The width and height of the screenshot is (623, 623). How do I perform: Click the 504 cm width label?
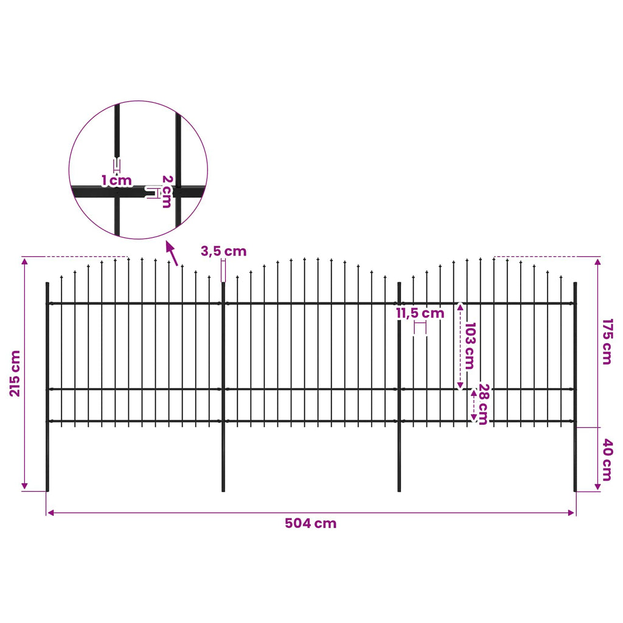[x=311, y=523]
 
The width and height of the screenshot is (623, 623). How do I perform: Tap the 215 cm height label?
[x=15, y=374]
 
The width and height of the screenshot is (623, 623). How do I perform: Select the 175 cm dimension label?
[x=607, y=342]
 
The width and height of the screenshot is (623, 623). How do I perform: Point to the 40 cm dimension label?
[x=607, y=460]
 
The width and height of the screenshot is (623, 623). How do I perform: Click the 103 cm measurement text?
[x=470, y=346]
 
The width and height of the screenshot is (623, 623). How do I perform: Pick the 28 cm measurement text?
[x=483, y=404]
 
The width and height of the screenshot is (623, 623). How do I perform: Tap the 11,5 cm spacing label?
[x=420, y=313]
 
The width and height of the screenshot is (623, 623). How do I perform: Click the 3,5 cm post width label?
[x=223, y=251]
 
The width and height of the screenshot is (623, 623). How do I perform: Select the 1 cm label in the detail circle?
[x=116, y=181]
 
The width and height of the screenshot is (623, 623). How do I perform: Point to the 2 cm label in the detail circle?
[x=167, y=192]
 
